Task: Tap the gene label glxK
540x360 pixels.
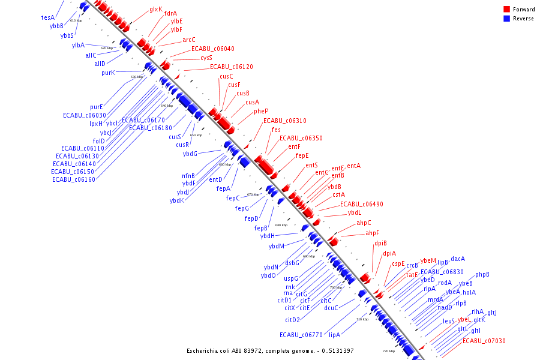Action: click(x=156, y=9)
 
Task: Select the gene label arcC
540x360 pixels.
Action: click(x=189, y=40)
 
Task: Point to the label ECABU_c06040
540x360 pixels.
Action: click(x=213, y=49)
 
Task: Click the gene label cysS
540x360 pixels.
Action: click(x=206, y=58)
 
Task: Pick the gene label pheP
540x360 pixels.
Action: click(x=261, y=111)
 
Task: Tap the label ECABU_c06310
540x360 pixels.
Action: click(x=285, y=121)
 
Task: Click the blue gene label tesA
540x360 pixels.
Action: click(x=48, y=17)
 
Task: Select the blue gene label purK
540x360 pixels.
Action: click(x=108, y=73)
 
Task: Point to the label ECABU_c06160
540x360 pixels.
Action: click(x=74, y=179)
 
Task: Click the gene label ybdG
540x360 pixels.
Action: click(x=190, y=154)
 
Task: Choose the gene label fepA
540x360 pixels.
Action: click(x=224, y=188)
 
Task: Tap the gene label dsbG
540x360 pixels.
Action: click(x=292, y=263)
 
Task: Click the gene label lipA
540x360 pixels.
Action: click(x=334, y=335)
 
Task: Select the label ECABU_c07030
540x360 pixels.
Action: click(x=484, y=341)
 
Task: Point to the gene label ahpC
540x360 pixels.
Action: click(x=364, y=223)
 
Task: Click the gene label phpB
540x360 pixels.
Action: click(x=482, y=274)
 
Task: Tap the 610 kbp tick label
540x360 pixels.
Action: click(x=76, y=20)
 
